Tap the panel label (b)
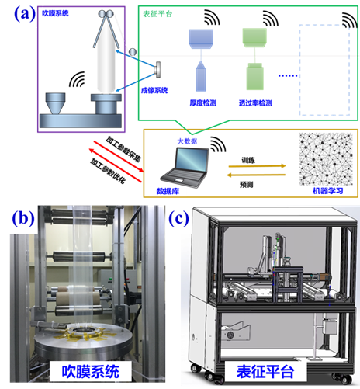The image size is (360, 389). pos(23,218)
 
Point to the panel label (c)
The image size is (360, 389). pos(178,218)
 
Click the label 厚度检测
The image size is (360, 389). pos(203,103)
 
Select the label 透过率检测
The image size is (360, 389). pos(255,103)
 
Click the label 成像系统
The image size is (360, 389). pos(154,90)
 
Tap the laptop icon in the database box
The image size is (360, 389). pos(185,167)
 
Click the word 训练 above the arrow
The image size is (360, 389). pos(248,161)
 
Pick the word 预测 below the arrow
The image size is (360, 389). pos(247,185)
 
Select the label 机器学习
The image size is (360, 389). pos(328,191)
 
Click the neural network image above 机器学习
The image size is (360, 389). pos(326,159)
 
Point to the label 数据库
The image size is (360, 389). pos(168,191)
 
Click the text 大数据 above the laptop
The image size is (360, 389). pos(187,141)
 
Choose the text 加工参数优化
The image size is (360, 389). pos(108,171)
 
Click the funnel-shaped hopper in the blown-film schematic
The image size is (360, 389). pos(55,103)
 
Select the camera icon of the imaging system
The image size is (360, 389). pos(157,69)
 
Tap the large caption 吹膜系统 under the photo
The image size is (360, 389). pos(91,372)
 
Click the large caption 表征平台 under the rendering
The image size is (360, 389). pos(265,372)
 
